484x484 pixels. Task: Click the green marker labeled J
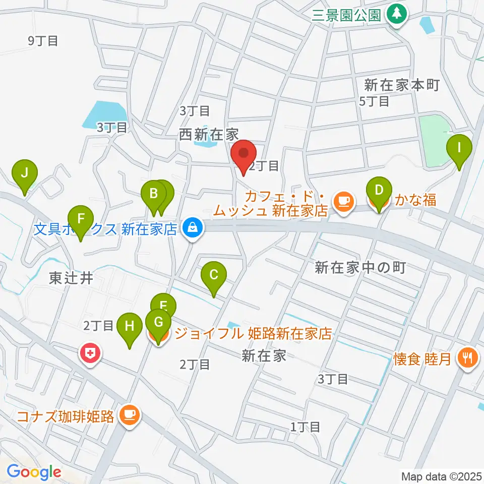tap(24, 174)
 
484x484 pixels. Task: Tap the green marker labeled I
tap(459, 148)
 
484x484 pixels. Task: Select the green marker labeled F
tap(81, 220)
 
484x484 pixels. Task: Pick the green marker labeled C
tap(213, 275)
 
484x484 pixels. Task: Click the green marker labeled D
tap(379, 192)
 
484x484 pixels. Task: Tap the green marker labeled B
tap(153, 194)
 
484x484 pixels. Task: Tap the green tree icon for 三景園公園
tap(397, 14)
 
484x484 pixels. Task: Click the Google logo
tap(34, 472)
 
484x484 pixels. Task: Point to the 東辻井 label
tap(72, 278)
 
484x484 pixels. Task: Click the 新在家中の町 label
tap(360, 267)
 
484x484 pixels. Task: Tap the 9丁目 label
tap(43, 41)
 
